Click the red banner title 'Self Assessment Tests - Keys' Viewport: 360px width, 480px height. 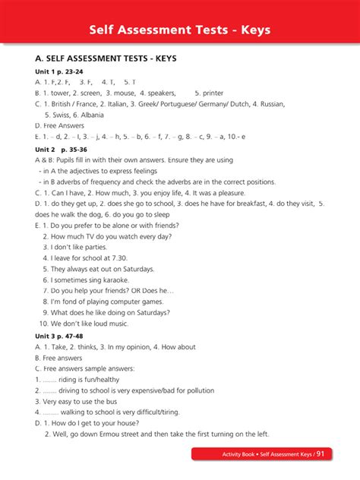click(179, 30)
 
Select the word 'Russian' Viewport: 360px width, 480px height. click(270, 103)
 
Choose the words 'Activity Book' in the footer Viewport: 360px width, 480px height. click(240, 454)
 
